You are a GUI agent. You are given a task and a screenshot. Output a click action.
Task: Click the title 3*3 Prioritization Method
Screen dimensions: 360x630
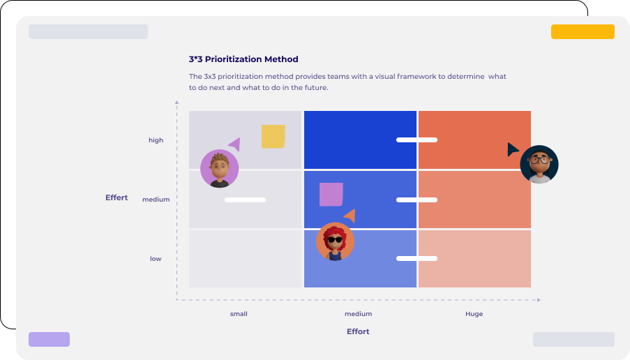(243, 59)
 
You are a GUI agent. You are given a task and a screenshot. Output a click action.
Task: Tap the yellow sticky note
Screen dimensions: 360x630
(273, 137)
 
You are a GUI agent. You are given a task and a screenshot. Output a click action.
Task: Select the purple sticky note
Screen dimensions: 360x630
(331, 195)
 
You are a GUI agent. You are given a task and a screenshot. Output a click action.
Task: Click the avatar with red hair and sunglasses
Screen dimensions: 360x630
(335, 241)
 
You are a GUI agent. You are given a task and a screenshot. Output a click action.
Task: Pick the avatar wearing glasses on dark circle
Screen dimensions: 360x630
(539, 165)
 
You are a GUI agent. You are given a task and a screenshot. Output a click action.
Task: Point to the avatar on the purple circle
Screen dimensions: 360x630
(219, 169)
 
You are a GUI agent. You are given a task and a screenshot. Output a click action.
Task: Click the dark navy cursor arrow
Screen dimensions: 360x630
(512, 149)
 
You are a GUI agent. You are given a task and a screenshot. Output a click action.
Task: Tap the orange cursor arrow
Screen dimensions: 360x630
(350, 216)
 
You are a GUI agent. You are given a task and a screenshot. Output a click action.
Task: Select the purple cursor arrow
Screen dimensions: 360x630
(234, 144)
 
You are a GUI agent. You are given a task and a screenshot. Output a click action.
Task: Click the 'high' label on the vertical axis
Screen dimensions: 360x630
(156, 140)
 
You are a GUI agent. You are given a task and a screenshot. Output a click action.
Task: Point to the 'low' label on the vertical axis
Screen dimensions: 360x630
(156, 259)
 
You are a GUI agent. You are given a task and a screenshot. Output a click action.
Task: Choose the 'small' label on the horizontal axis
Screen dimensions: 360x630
(239, 314)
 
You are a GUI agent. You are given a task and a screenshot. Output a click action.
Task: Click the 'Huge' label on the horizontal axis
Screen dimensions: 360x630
(474, 314)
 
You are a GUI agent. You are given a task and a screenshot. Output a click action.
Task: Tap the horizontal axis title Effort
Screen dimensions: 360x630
(358, 331)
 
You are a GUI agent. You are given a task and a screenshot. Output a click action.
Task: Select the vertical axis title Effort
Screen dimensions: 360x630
(117, 197)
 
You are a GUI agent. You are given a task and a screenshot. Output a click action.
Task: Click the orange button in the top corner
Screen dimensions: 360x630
(583, 32)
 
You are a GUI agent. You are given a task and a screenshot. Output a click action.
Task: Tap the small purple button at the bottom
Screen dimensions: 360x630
(49, 340)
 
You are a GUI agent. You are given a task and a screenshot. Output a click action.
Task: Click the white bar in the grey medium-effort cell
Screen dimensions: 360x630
(245, 200)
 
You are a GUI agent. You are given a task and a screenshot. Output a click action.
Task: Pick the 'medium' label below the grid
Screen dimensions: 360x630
(358, 314)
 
